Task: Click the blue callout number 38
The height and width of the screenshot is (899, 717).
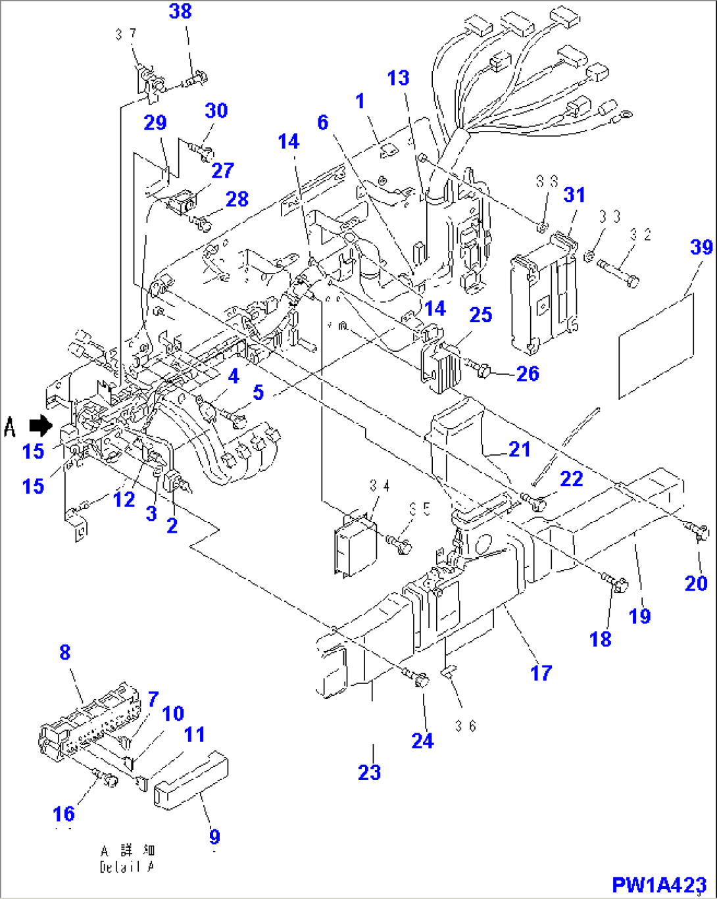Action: pos(180,11)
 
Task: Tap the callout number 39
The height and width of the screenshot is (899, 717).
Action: pos(701,247)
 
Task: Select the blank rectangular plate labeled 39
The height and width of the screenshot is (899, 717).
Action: pos(656,347)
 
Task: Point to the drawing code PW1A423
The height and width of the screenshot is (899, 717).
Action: pos(659,885)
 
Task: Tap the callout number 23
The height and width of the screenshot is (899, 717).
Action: pos(369,771)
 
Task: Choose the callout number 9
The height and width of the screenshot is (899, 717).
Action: pos(214,837)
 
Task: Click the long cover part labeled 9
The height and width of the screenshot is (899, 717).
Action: pos(191,779)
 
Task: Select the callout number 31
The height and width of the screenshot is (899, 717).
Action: pos(574,195)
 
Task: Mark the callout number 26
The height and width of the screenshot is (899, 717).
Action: pos(528,374)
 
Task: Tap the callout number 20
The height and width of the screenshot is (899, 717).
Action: pos(696,583)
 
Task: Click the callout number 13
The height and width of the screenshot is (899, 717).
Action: pos(398,78)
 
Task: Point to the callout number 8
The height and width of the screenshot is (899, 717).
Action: pos(64,652)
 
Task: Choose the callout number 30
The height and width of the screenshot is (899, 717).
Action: pos(216,110)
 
